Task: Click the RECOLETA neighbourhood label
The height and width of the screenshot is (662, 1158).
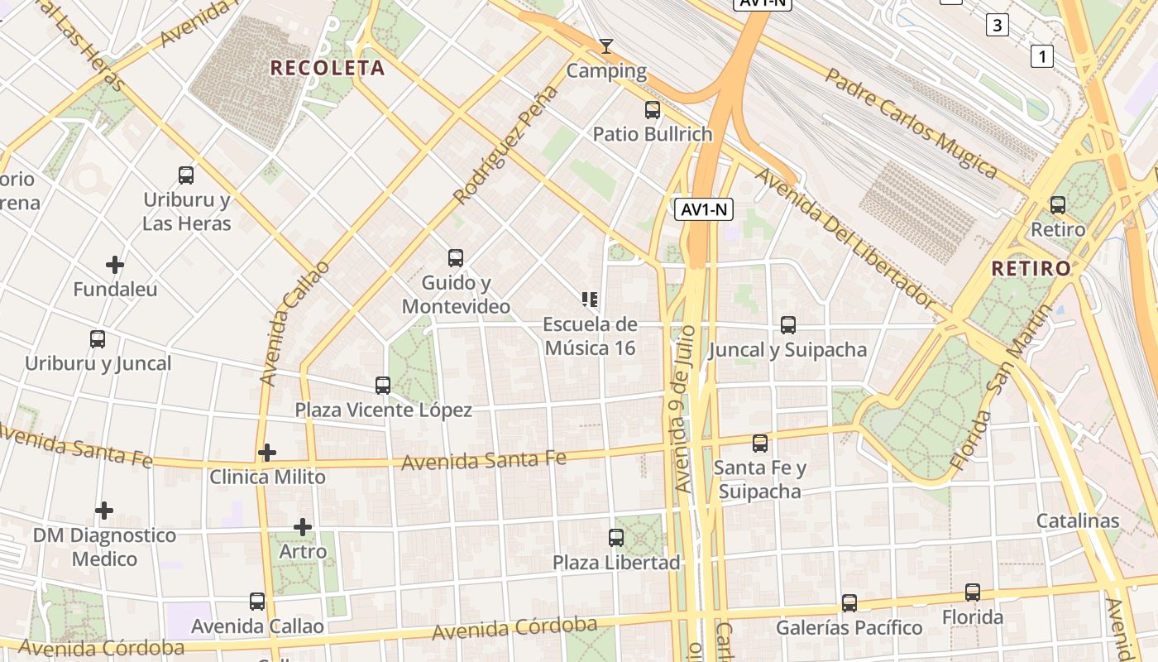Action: click(328, 68)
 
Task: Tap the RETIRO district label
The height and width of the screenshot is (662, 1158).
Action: click(1031, 268)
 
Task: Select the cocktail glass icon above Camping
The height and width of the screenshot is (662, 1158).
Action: click(606, 46)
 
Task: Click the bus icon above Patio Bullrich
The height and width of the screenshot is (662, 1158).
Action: click(653, 109)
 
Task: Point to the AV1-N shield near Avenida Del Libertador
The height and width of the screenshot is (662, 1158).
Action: click(704, 209)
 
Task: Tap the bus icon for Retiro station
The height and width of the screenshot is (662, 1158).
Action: click(1058, 205)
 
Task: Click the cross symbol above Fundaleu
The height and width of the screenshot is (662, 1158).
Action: click(115, 265)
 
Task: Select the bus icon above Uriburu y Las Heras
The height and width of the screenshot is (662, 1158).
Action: click(186, 175)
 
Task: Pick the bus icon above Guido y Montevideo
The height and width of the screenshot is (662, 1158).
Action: click(456, 258)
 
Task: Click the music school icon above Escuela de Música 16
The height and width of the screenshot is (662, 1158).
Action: click(590, 300)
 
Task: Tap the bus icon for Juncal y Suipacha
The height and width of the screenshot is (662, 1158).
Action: click(788, 325)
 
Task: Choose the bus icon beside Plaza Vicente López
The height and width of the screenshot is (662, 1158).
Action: click(383, 386)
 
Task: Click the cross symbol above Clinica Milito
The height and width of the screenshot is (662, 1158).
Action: click(267, 453)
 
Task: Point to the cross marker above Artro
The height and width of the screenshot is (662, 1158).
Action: click(303, 526)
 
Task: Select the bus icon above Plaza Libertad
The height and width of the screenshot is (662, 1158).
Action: click(616, 538)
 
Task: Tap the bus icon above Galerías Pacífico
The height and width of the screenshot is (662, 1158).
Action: click(849, 603)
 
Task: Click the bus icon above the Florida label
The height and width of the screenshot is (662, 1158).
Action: click(973, 592)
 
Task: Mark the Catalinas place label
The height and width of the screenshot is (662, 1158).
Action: click(1078, 521)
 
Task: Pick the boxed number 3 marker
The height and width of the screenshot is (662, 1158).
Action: click(998, 26)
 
